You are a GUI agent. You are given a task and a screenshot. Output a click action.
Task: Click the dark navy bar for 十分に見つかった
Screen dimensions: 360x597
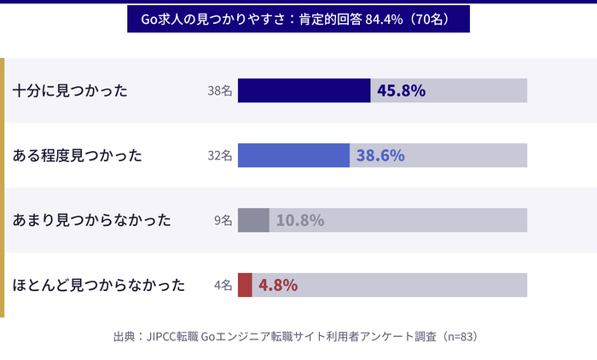pos(304,90)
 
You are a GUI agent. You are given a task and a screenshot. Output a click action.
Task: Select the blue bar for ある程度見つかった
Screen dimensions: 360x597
pos(293,155)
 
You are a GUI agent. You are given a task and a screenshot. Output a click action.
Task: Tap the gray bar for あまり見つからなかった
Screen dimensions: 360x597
pos(253,220)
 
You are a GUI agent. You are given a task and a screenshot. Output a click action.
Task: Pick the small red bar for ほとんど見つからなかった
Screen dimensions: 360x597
pos(245,285)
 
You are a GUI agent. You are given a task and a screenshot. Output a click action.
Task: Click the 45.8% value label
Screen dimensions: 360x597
pos(401,90)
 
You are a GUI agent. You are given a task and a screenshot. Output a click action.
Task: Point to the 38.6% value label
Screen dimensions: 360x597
pos(380,155)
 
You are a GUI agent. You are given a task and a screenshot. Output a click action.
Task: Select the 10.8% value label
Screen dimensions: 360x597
pos(299,220)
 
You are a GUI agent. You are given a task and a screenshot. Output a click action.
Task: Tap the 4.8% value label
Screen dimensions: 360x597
pos(278,285)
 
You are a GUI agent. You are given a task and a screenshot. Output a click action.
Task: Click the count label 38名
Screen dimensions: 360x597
pos(219,90)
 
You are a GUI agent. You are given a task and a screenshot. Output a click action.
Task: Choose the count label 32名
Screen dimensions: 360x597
pos(219,155)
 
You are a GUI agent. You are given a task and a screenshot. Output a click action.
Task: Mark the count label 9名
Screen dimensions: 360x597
pos(223,220)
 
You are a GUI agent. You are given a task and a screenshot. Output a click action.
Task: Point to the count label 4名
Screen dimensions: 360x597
pos(223,285)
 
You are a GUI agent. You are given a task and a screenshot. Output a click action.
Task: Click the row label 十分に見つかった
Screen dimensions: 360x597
pos(71,90)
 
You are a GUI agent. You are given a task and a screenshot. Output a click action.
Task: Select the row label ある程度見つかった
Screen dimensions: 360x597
pos(78,155)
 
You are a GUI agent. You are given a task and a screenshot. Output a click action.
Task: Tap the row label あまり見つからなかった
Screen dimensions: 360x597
pos(92,220)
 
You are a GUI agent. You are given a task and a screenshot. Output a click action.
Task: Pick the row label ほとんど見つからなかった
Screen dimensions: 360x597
pos(99,285)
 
